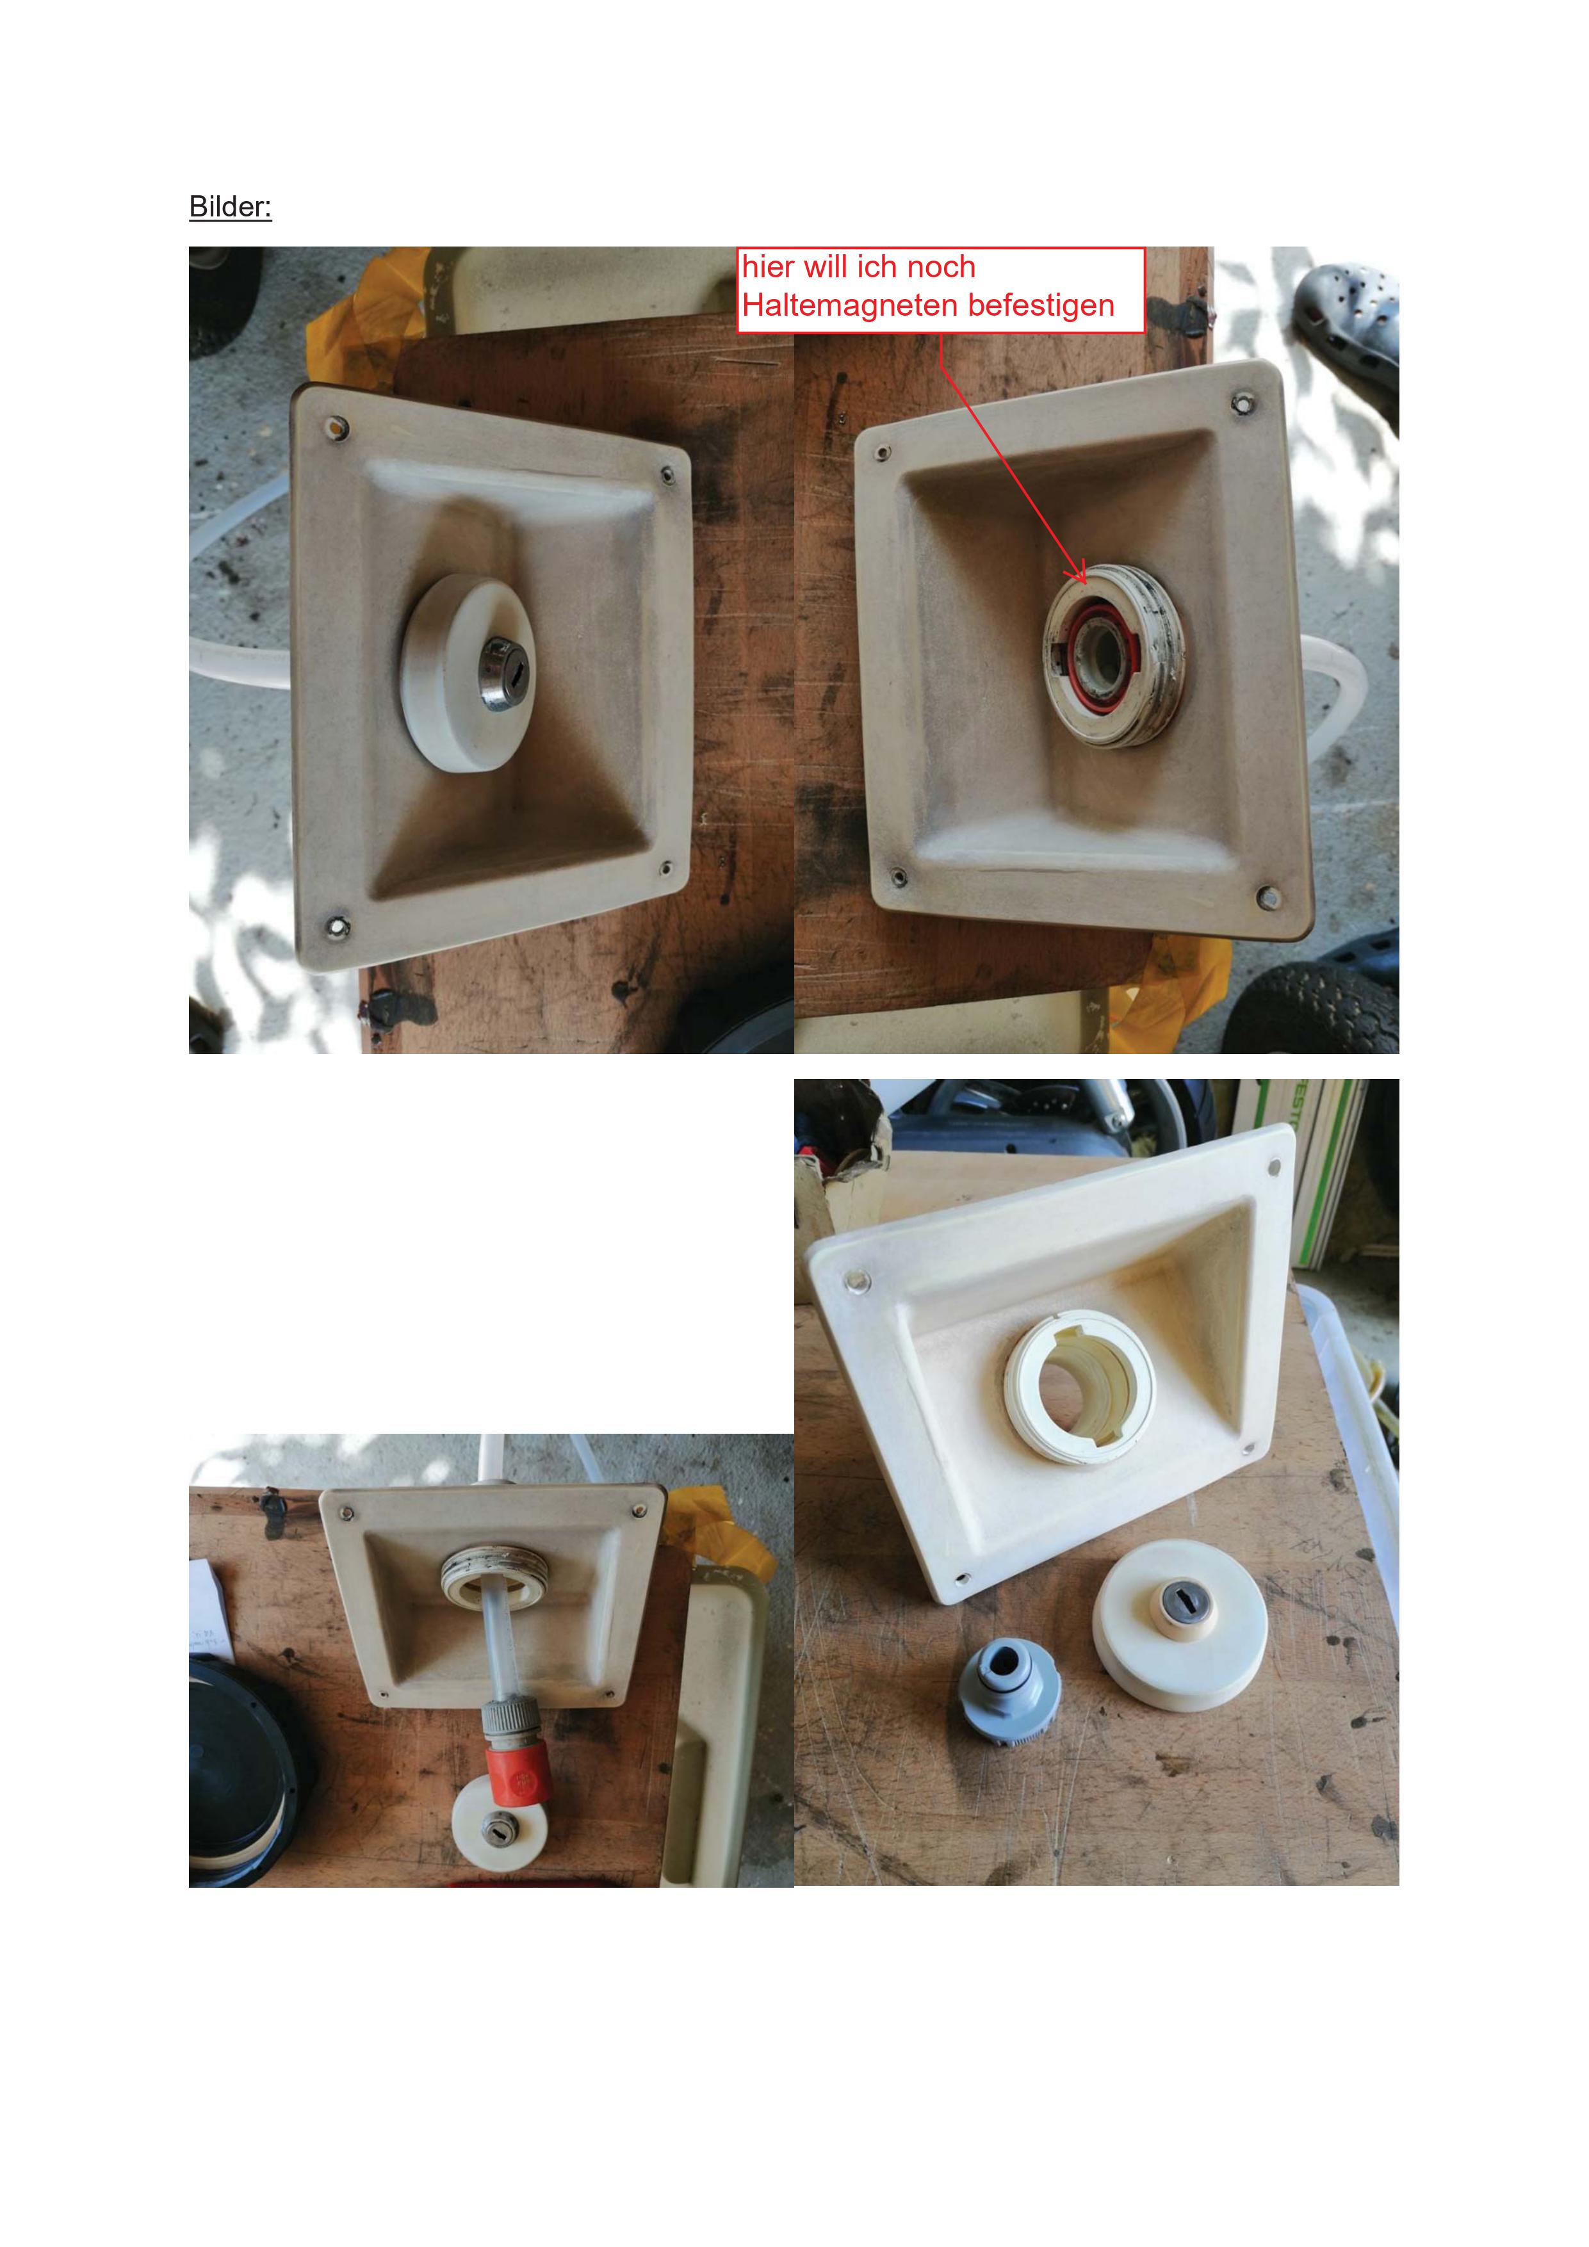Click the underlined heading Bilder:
(230, 206)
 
